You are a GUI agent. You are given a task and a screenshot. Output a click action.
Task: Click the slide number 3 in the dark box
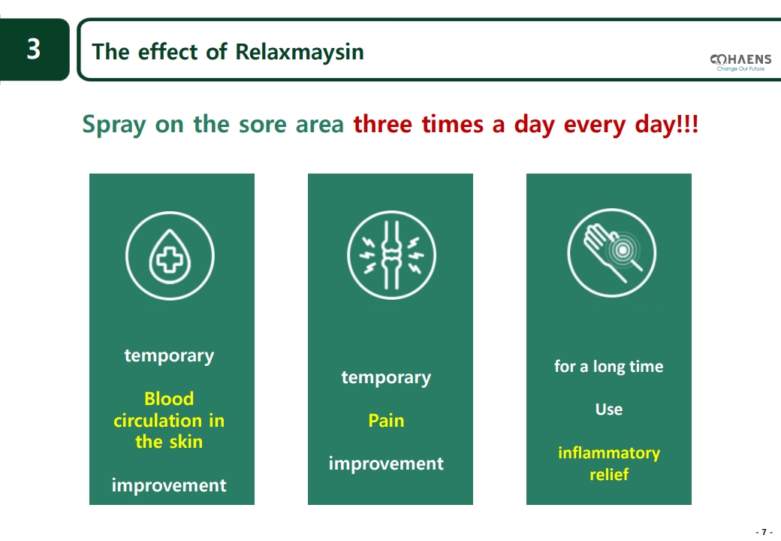[33, 50]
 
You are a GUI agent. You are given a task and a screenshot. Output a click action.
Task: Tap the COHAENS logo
[740, 62]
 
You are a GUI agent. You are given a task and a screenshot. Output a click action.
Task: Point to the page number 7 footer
[764, 532]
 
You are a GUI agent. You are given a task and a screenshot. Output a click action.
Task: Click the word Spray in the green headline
[114, 125]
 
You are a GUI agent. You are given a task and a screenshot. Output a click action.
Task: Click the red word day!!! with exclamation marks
[668, 125]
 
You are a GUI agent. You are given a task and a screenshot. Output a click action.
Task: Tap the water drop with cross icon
[170, 256]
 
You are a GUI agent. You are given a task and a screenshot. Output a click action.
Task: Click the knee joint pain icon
[391, 255]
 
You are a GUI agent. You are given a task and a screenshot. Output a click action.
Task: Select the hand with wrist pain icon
[612, 253]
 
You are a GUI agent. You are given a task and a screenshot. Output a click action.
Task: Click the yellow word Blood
[169, 399]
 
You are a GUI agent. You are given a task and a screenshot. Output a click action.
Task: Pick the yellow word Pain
[386, 421]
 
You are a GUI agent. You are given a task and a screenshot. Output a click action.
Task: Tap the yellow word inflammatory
[609, 453]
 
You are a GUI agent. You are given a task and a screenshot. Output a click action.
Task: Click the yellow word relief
[609, 475]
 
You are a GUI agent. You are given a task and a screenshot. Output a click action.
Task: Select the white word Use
[609, 410]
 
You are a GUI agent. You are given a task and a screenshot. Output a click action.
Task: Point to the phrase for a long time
[609, 367]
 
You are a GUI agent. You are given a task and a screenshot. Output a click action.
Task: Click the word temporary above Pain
[386, 378]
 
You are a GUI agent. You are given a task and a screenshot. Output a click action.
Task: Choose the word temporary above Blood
[169, 356]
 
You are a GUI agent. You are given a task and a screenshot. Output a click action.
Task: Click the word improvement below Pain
[386, 464]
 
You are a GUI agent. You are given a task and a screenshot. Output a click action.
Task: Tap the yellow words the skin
[169, 442]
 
